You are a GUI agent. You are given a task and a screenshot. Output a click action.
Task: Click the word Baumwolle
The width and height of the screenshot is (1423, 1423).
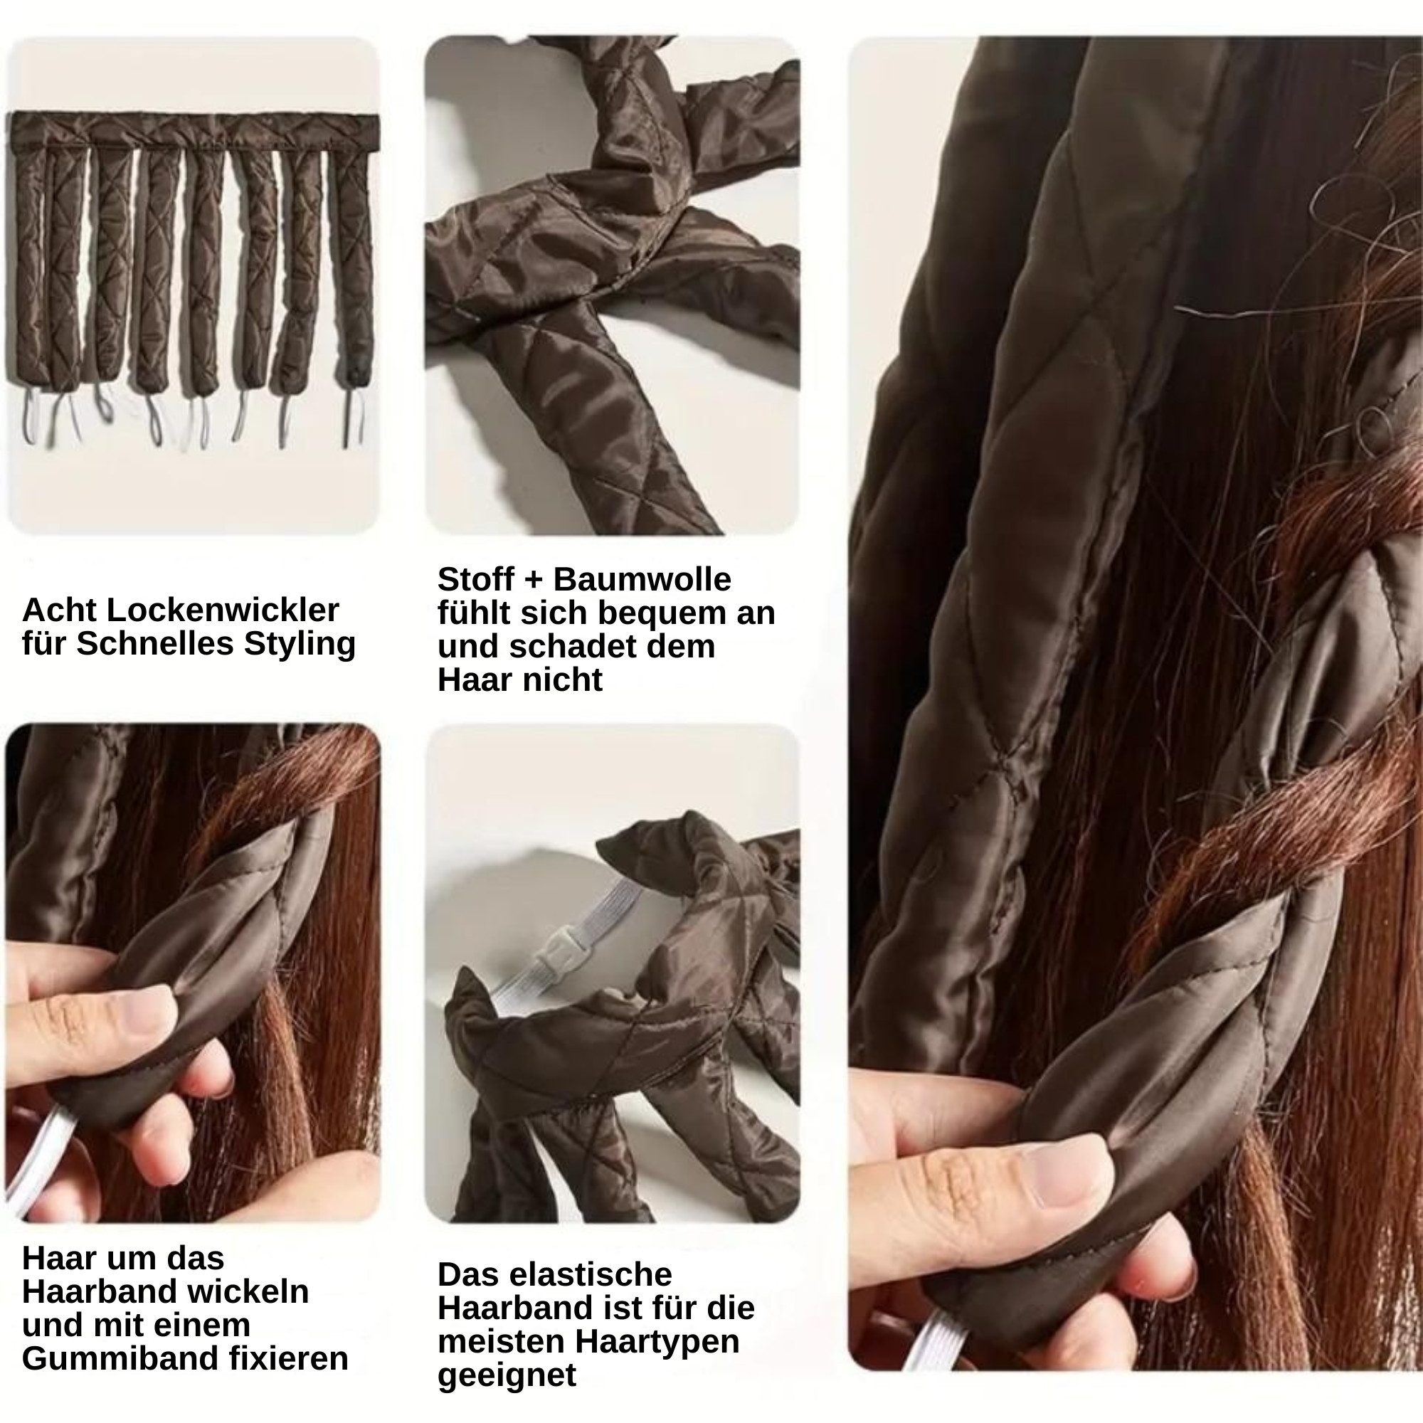pos(642,579)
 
